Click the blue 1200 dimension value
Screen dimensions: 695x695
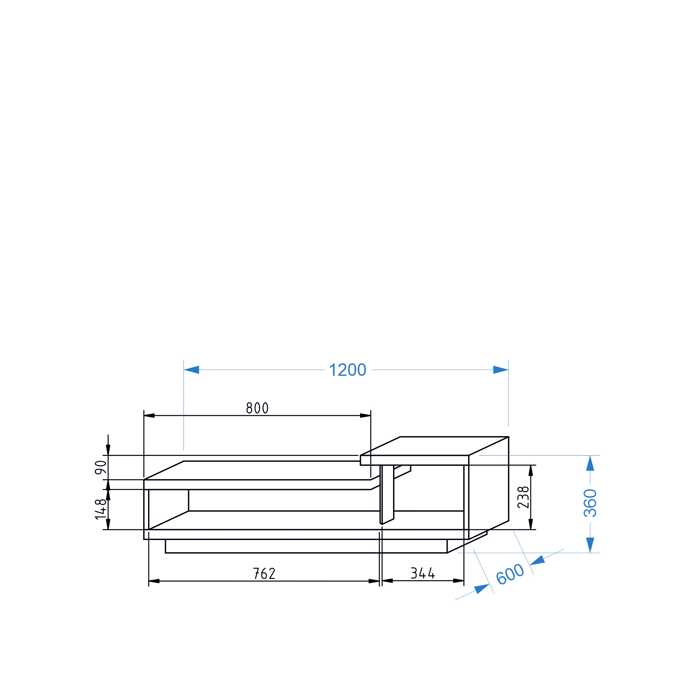pyautogui.click(x=347, y=370)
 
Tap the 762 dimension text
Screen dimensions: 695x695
pyautogui.click(x=264, y=574)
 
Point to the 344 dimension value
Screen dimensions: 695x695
pyautogui.click(x=423, y=573)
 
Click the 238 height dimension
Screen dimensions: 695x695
pyautogui.click(x=523, y=497)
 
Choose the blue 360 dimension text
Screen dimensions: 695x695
pyautogui.click(x=590, y=503)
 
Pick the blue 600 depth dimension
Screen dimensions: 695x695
pyautogui.click(x=510, y=574)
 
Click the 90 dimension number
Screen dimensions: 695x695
pyautogui.click(x=101, y=468)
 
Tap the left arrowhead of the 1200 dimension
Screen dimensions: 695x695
pyautogui.click(x=191, y=370)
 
